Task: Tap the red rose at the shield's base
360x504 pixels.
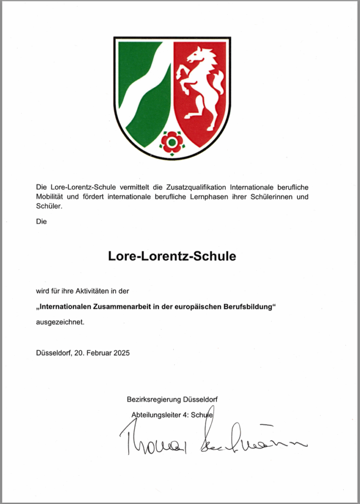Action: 172,142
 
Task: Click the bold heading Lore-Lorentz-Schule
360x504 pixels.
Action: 172,256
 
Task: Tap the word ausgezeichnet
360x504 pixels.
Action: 60,322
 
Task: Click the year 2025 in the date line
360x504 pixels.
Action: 121,353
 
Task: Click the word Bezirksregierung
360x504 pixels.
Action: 153,399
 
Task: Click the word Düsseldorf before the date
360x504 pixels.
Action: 54,353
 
